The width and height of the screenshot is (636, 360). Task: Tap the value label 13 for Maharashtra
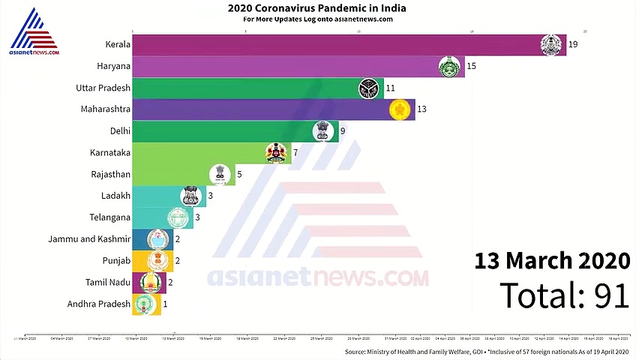[x=421, y=109]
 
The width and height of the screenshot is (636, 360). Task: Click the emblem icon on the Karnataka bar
[x=275, y=153]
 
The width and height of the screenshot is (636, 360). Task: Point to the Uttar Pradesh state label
[x=103, y=88]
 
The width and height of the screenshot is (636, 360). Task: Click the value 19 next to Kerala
[x=572, y=45]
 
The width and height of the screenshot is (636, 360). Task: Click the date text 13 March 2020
[x=551, y=261]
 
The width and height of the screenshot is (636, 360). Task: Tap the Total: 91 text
[x=564, y=295]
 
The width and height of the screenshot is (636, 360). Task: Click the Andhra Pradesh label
[x=99, y=304]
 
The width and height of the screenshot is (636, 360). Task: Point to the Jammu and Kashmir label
[x=90, y=239]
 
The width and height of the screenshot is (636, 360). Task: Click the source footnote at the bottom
[x=487, y=352]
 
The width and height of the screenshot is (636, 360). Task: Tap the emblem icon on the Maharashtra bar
[x=400, y=109]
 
